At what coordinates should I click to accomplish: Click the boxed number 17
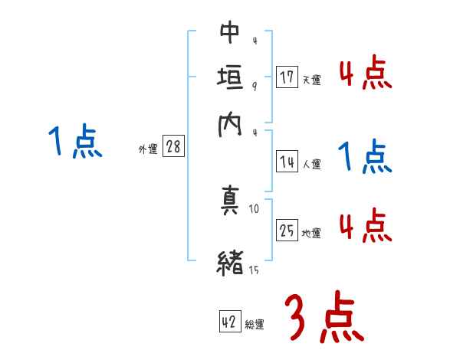coord(287,77)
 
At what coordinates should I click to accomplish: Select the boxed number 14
coord(287,162)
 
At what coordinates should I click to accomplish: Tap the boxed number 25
coord(287,231)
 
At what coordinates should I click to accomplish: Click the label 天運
coord(311,80)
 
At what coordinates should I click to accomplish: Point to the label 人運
coord(311,164)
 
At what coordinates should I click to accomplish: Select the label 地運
coord(311,233)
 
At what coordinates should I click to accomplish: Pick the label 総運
coord(255,325)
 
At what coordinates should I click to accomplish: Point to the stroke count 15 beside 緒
coord(253,270)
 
